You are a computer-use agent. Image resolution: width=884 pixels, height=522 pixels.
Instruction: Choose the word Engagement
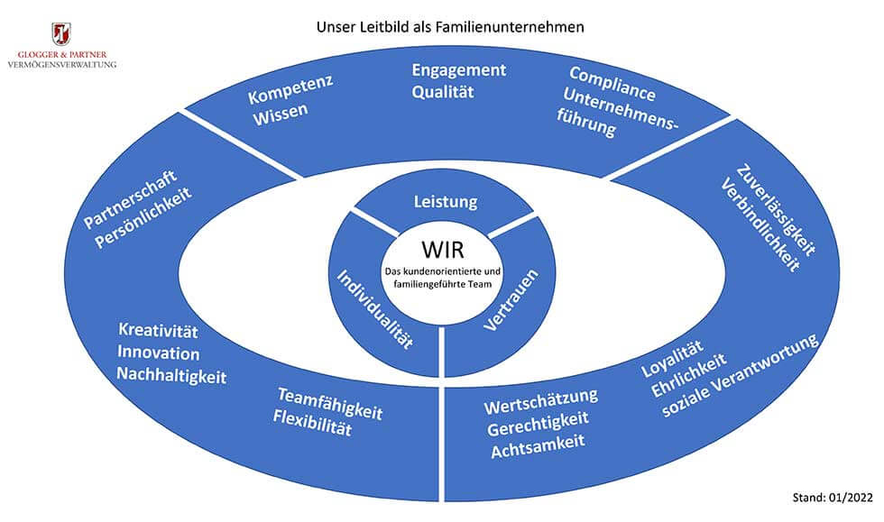click(458, 70)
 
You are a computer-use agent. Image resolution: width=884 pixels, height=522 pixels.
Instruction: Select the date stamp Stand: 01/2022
click(831, 496)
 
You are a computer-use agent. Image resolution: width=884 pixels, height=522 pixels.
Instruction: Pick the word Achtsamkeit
click(538, 443)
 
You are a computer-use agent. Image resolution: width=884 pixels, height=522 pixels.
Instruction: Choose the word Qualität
click(443, 91)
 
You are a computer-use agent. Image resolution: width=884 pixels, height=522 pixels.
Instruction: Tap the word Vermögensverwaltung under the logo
click(60, 64)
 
